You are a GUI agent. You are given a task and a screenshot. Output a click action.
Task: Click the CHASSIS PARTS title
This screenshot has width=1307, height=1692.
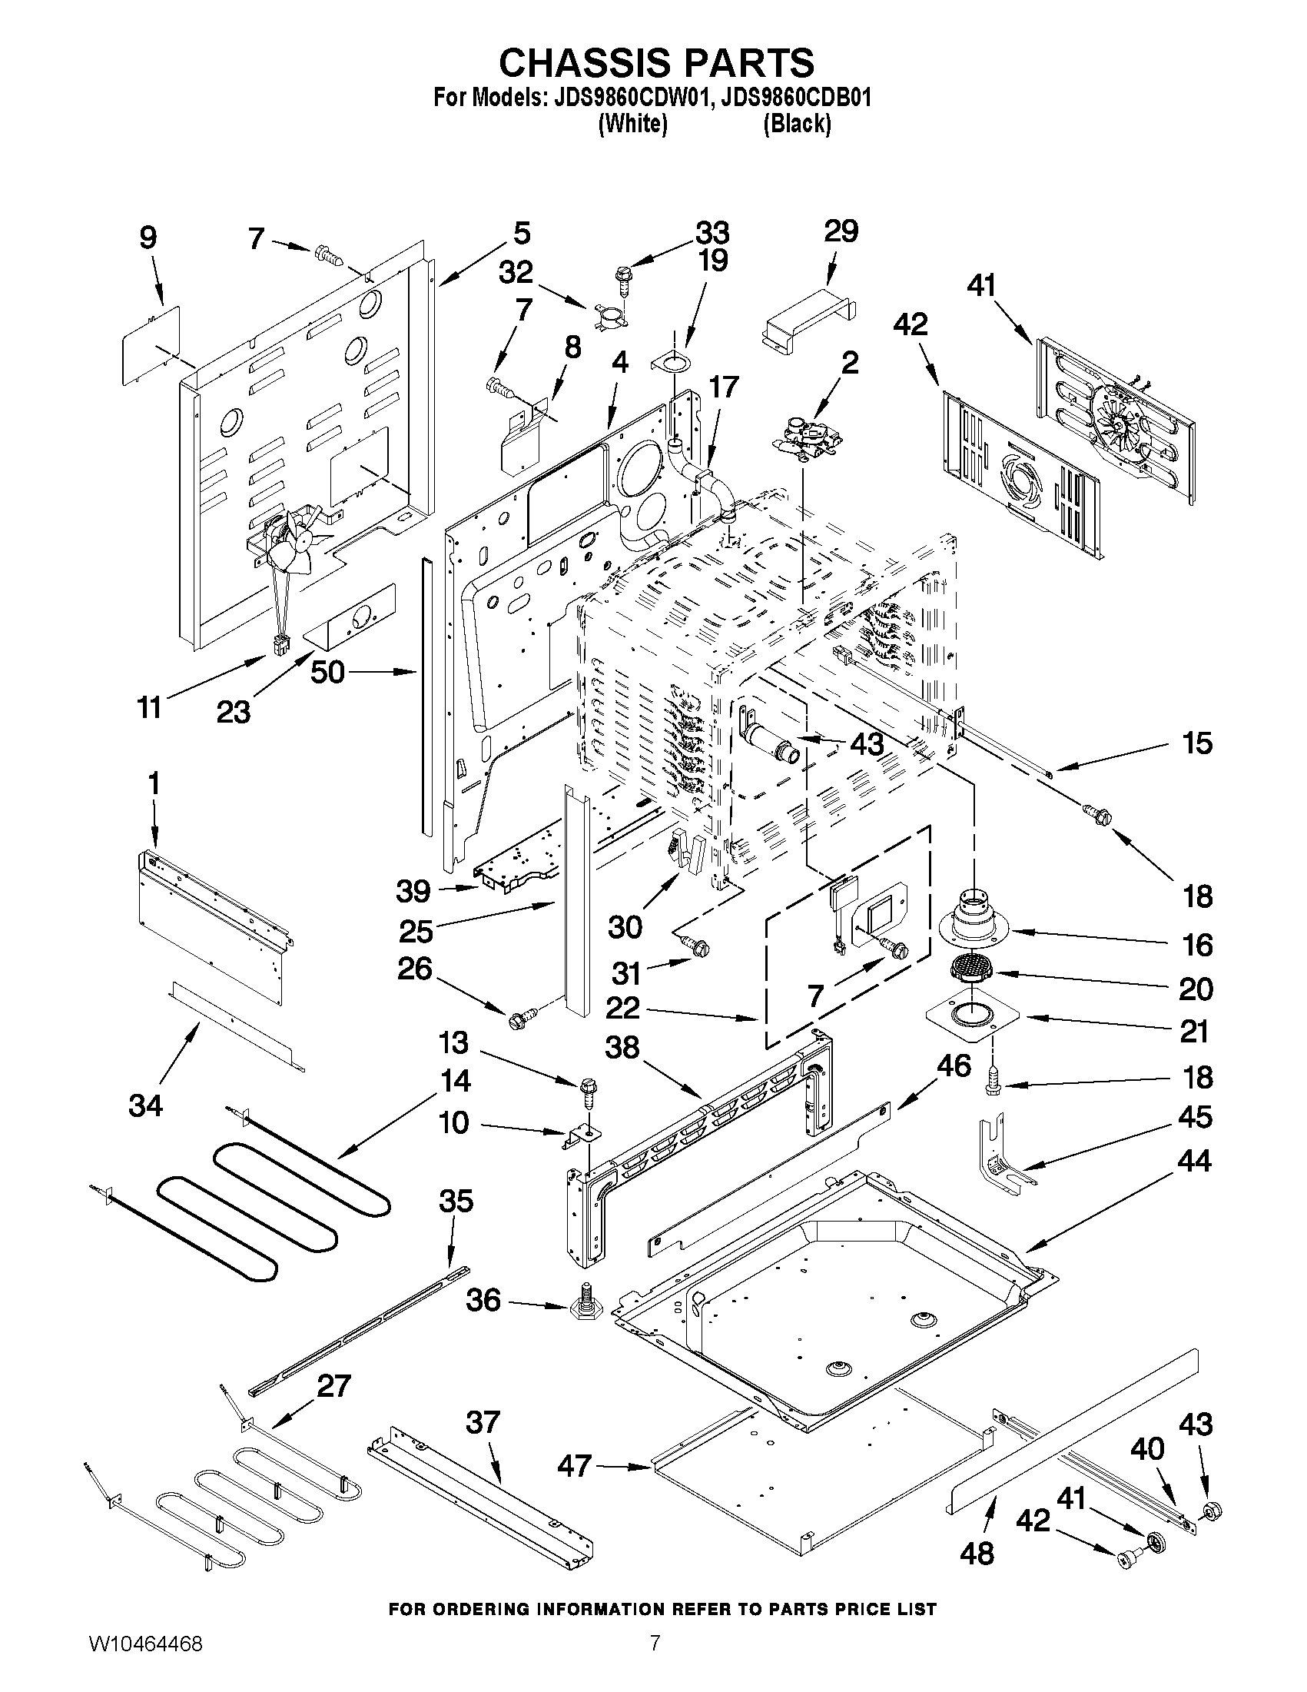pos(656,62)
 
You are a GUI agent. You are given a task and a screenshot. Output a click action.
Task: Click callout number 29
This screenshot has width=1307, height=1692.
pos(841,231)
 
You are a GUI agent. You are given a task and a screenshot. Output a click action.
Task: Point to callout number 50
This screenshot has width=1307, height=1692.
pos(327,672)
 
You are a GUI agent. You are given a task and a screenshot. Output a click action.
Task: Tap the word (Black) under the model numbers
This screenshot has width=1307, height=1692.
pos(797,124)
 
